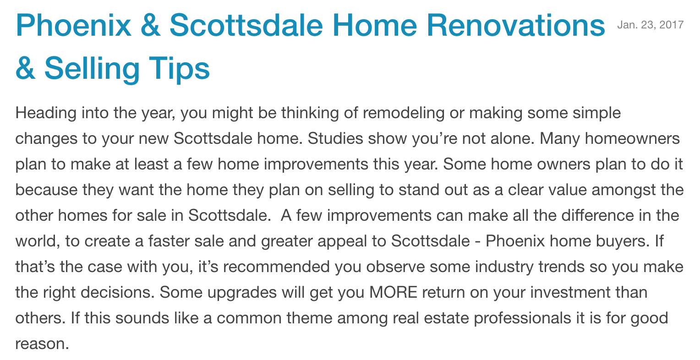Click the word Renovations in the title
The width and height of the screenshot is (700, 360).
click(516, 25)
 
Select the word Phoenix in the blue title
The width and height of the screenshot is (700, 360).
click(73, 25)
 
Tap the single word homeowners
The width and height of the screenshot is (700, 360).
click(632, 138)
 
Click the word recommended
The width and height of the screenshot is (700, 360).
click(277, 267)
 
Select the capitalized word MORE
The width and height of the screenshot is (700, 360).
click(393, 293)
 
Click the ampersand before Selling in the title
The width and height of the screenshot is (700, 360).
click(25, 68)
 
